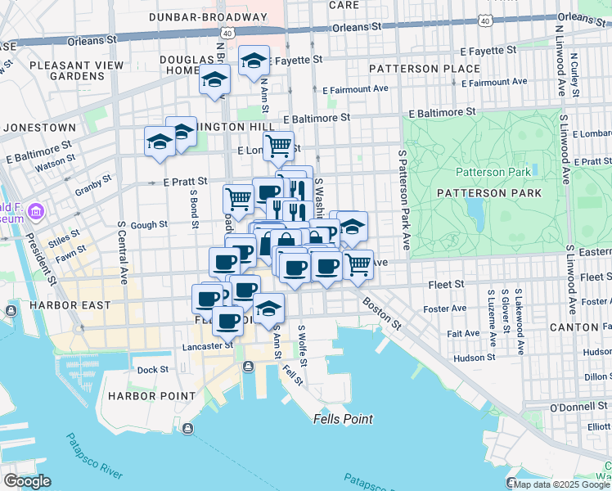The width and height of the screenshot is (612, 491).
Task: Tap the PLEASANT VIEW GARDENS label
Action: click(x=72, y=70)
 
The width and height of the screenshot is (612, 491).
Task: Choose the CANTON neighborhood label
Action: click(x=575, y=327)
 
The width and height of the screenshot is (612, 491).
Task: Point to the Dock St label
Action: click(x=152, y=370)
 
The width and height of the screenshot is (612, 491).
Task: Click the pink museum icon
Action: click(x=35, y=213)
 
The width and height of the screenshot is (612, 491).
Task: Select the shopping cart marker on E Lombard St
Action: click(x=278, y=146)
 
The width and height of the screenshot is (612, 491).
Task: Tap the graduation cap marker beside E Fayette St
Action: click(x=254, y=60)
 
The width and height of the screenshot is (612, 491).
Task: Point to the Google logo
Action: click(x=27, y=481)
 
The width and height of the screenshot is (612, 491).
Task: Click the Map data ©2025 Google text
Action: click(x=560, y=484)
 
